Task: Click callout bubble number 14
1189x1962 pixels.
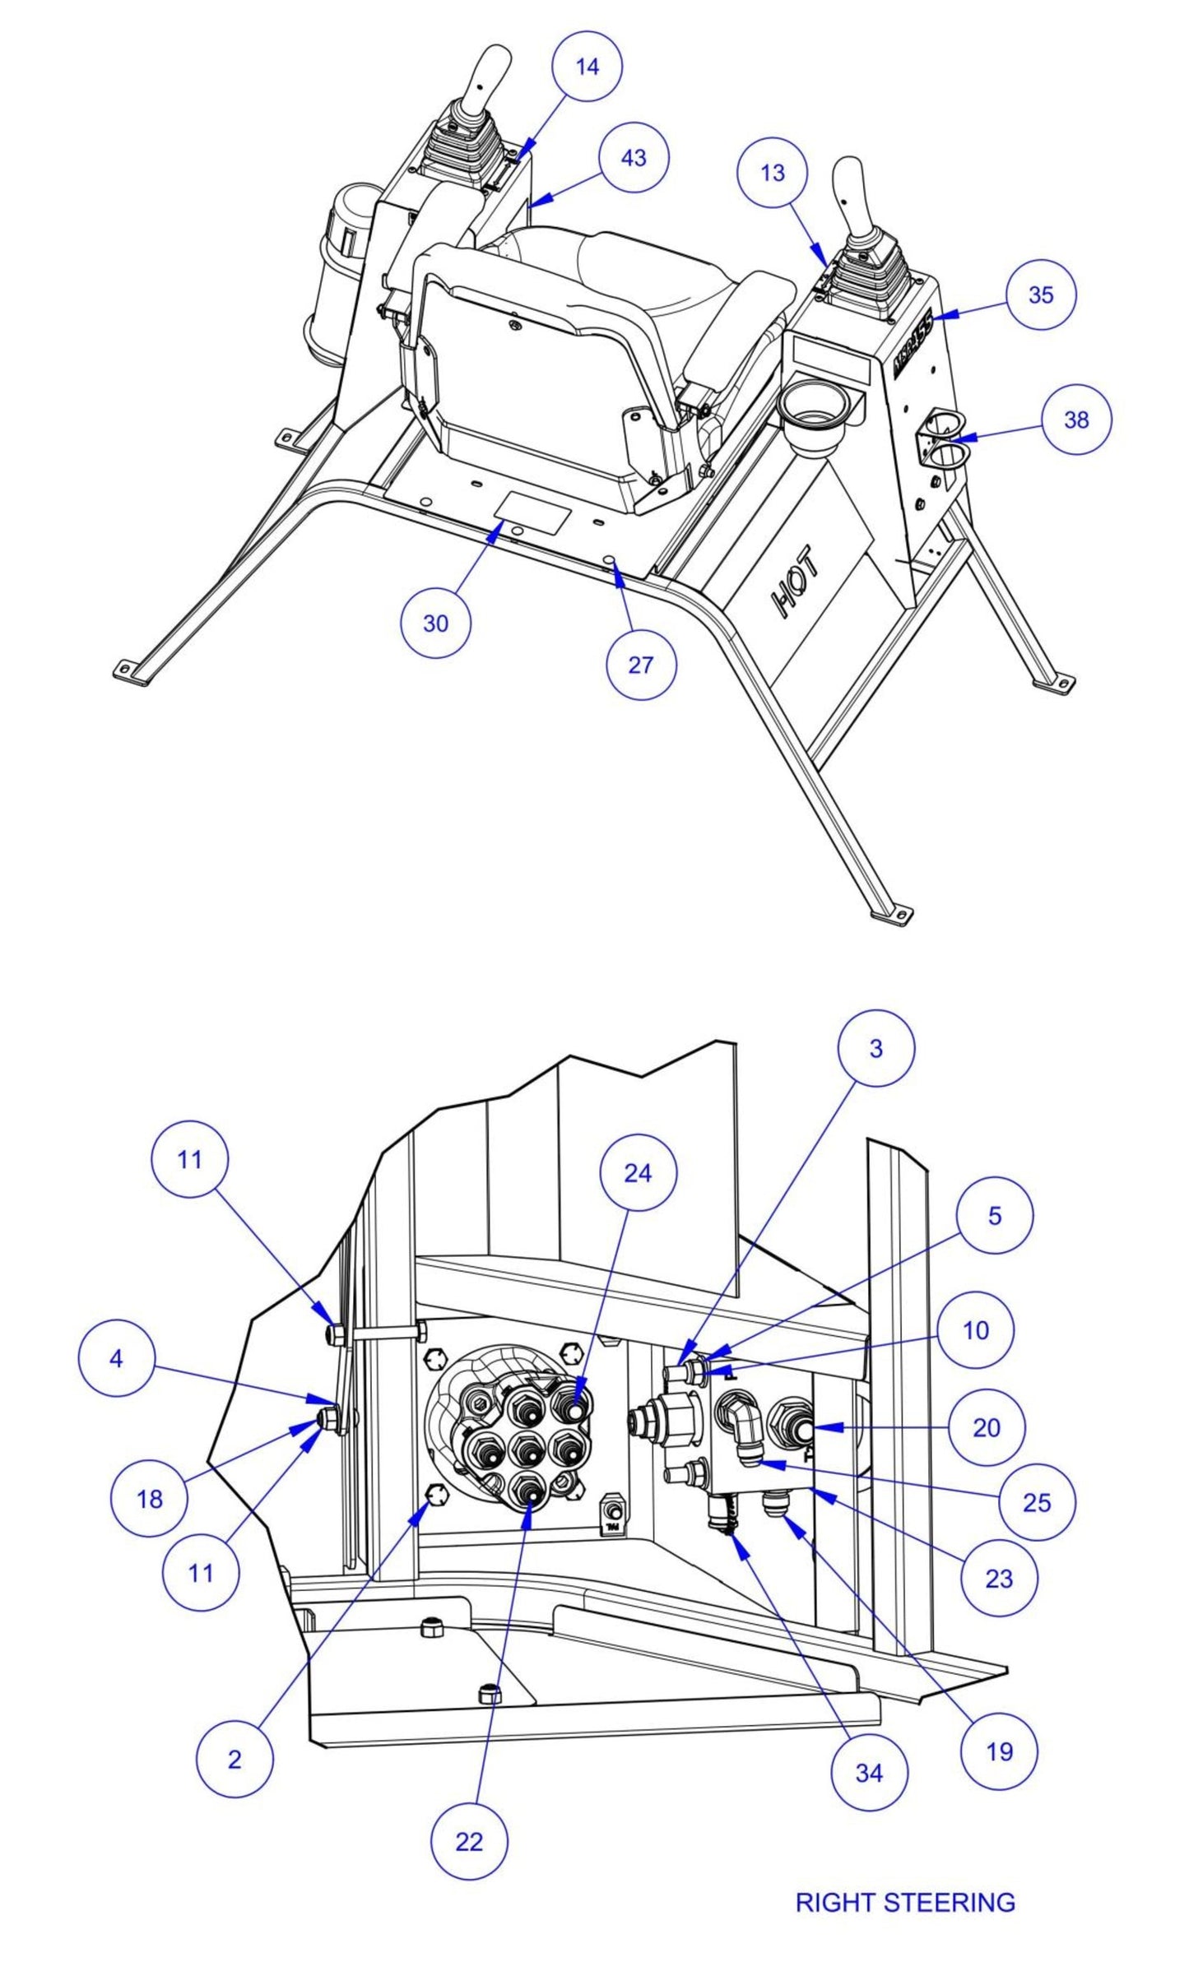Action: tap(587, 66)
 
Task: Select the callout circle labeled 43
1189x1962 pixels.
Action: tap(633, 158)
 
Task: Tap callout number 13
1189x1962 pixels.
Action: tap(773, 173)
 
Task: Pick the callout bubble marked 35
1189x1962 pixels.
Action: tap(1040, 295)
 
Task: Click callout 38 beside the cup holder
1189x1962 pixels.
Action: tap(1075, 420)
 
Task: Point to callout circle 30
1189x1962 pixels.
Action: tap(435, 623)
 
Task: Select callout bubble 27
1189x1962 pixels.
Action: tap(640, 665)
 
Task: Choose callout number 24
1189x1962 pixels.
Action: tap(638, 1174)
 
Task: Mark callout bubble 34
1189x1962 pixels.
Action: tap(868, 1774)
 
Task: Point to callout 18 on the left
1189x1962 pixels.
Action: tap(149, 1500)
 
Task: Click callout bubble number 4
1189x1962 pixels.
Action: tap(116, 1359)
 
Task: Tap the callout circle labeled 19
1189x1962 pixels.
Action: tap(999, 1751)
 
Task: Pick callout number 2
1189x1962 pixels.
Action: tap(235, 1760)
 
